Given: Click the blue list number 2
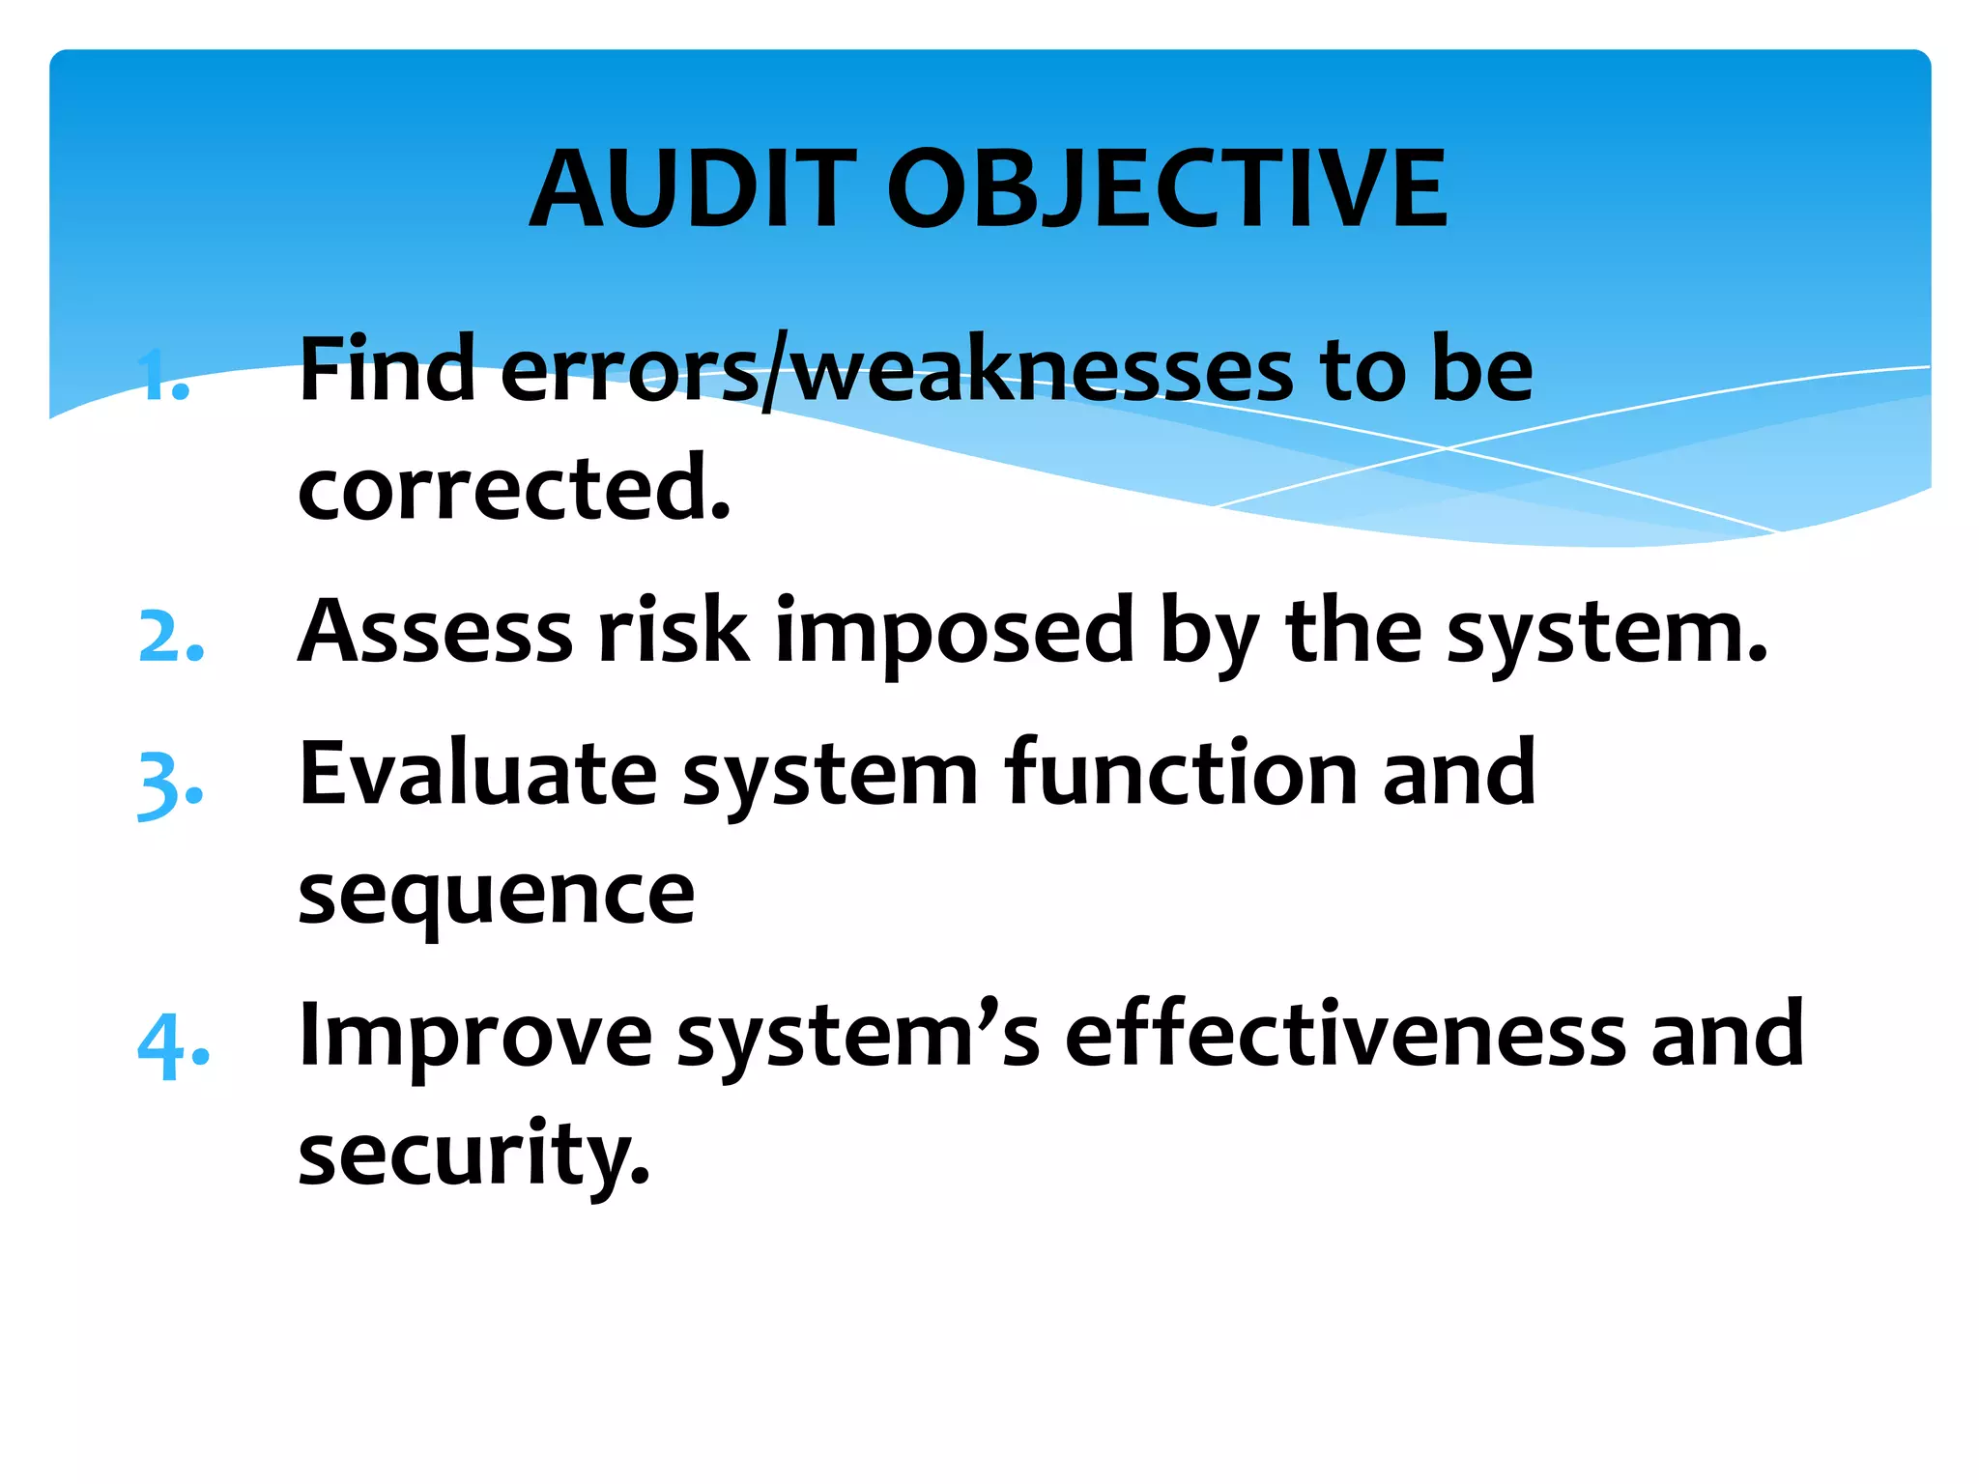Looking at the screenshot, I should pyautogui.click(x=171, y=637).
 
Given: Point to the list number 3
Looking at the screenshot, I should pyautogui.click(x=170, y=785).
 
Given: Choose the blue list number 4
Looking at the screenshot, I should pyautogui.click(x=173, y=1045).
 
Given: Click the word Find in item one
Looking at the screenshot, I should pyautogui.click(x=387, y=369).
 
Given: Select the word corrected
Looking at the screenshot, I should pyautogui.click(x=513, y=489).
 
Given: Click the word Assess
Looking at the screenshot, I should pyautogui.click(x=435, y=632).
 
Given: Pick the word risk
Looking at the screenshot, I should pyautogui.click(x=674, y=632).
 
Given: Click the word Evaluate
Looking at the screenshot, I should pyautogui.click(x=478, y=774).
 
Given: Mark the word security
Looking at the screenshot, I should pyautogui.click(x=473, y=1156).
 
